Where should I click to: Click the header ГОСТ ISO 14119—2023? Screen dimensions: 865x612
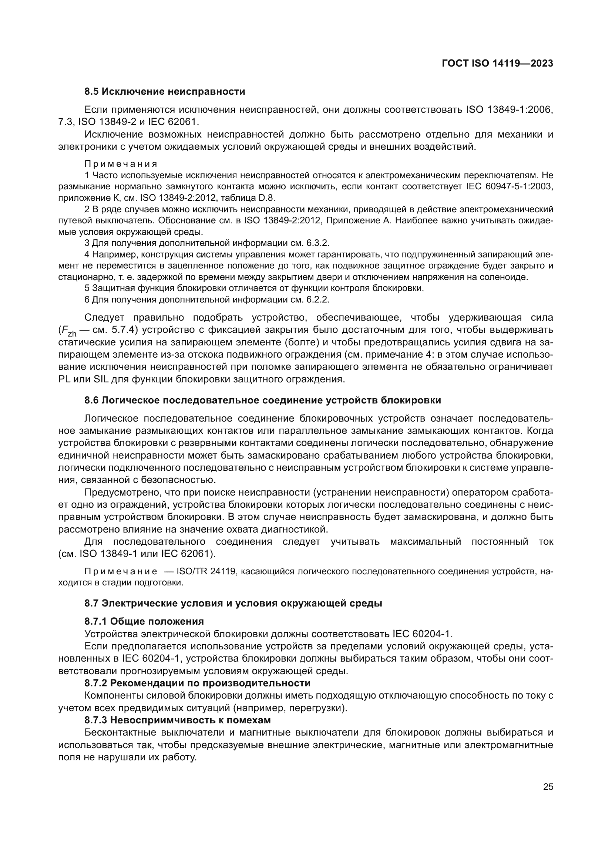pos(497,63)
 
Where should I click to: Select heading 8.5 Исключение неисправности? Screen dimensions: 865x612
pos(165,92)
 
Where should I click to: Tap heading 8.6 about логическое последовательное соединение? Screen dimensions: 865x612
pos(263,400)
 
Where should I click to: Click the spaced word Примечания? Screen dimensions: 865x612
pos(121,164)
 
